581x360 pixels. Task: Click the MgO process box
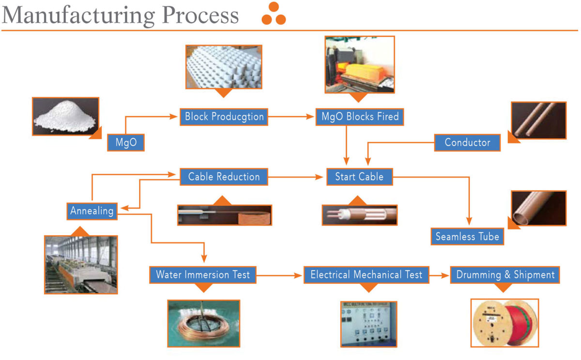126,143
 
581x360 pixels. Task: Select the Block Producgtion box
224,117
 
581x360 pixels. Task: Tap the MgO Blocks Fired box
360,117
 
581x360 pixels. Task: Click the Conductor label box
467,143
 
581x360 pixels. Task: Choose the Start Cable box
359,177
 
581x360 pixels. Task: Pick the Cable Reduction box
224,177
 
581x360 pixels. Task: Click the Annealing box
92,211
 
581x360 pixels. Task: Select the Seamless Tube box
467,237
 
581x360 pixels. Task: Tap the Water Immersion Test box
203,275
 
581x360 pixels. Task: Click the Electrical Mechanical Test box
366,275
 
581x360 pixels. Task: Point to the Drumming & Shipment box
505,275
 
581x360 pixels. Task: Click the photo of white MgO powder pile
65,116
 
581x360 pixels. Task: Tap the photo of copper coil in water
203,323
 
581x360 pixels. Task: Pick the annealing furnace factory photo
81,265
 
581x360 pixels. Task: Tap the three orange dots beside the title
274,14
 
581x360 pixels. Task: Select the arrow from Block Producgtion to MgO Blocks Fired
290,117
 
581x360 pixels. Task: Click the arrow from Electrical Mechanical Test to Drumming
439,275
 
